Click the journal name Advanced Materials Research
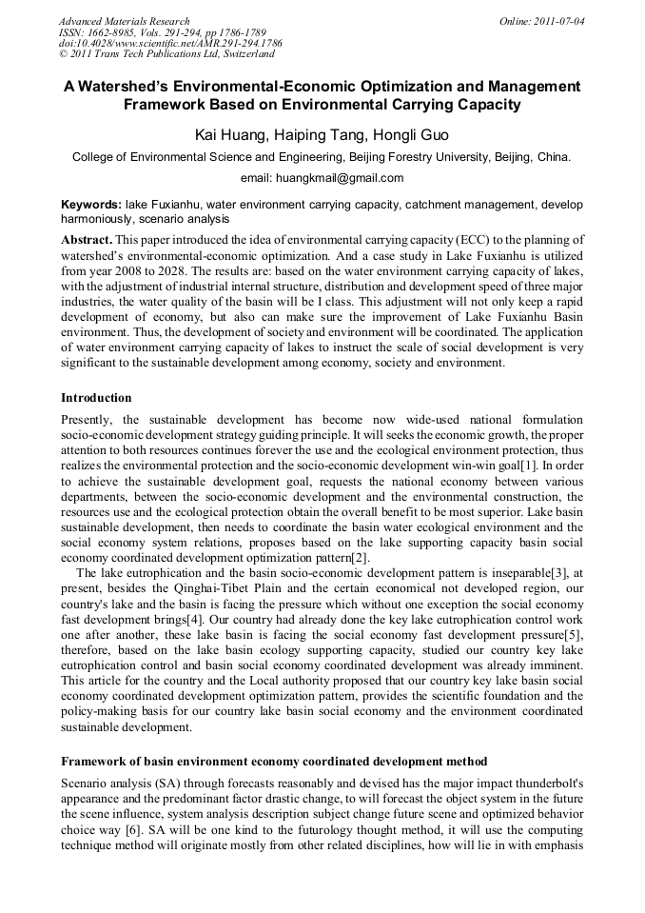tap(124, 21)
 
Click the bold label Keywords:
tap(91, 205)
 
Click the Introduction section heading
tap(96, 397)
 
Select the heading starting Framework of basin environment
tap(274, 762)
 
